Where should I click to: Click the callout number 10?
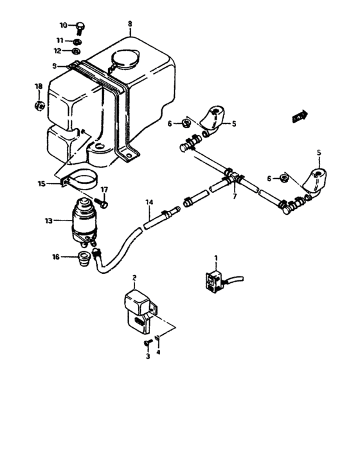pyautogui.click(x=63, y=25)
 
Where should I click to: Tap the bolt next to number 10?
pyautogui.click(x=80, y=26)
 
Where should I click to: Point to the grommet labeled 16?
pyautogui.click(x=82, y=258)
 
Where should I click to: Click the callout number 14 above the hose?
pyautogui.click(x=148, y=203)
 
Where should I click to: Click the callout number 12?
pyautogui.click(x=59, y=50)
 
